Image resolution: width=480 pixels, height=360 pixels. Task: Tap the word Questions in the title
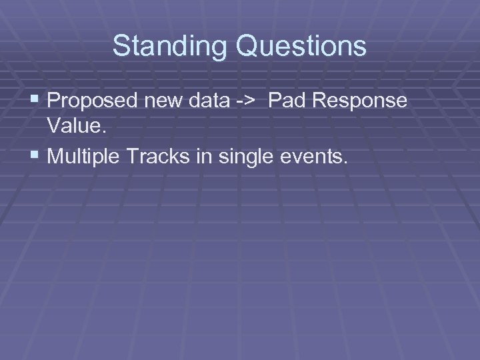298,46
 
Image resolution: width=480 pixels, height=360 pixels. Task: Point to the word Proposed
90,101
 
